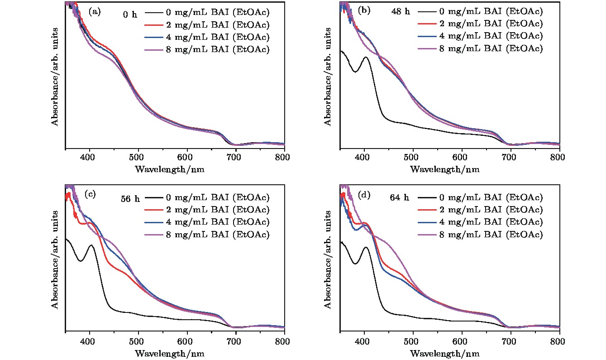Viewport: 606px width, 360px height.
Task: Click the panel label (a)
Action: coord(95,12)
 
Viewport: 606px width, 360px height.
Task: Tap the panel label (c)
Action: coord(90,194)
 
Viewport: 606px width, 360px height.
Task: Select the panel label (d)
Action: coord(364,195)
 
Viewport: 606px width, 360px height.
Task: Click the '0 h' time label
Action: coord(129,15)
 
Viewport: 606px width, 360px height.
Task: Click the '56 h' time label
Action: coord(129,198)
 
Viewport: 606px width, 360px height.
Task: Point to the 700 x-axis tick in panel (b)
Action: coord(510,157)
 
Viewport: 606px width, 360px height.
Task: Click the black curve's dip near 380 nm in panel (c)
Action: coord(81,261)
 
